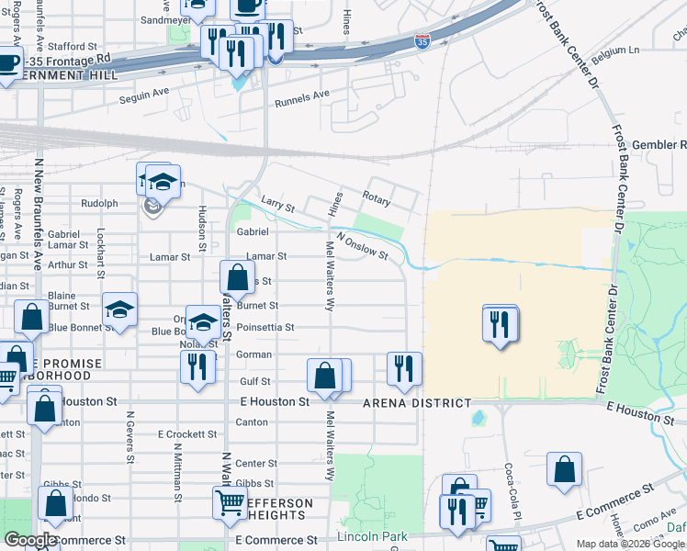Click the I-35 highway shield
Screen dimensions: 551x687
pos(422,42)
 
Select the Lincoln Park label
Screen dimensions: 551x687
pos(371,536)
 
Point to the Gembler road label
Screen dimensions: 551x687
pos(659,145)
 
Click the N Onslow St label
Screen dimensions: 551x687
pos(362,244)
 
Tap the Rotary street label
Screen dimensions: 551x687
pos(376,197)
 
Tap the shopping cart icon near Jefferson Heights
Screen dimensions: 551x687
pos(230,501)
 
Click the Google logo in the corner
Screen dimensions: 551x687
pos(29,540)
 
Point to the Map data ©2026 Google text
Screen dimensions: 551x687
pos(629,544)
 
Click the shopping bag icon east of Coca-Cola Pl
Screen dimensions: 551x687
pos(564,467)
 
